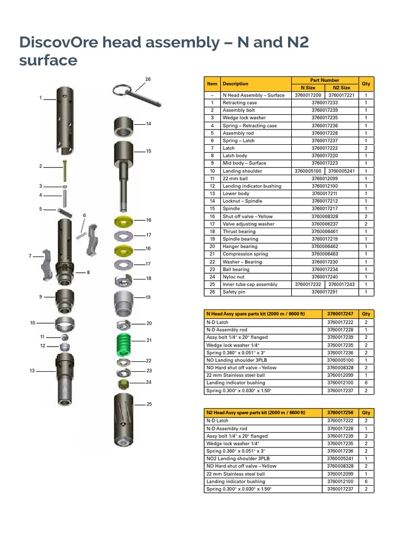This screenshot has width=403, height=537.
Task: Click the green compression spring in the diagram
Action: click(x=124, y=345)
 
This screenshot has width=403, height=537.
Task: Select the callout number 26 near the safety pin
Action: click(x=147, y=79)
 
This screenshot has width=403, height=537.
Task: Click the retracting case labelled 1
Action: click(x=65, y=121)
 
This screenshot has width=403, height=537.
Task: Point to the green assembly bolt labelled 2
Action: click(x=65, y=170)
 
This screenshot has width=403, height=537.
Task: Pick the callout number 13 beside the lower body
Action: click(x=32, y=371)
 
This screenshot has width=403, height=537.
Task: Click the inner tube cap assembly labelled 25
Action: click(x=123, y=420)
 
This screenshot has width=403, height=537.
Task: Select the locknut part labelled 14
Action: click(x=123, y=126)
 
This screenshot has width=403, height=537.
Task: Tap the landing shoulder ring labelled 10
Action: click(x=65, y=324)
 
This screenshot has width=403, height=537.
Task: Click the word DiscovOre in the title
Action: click(x=58, y=42)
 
